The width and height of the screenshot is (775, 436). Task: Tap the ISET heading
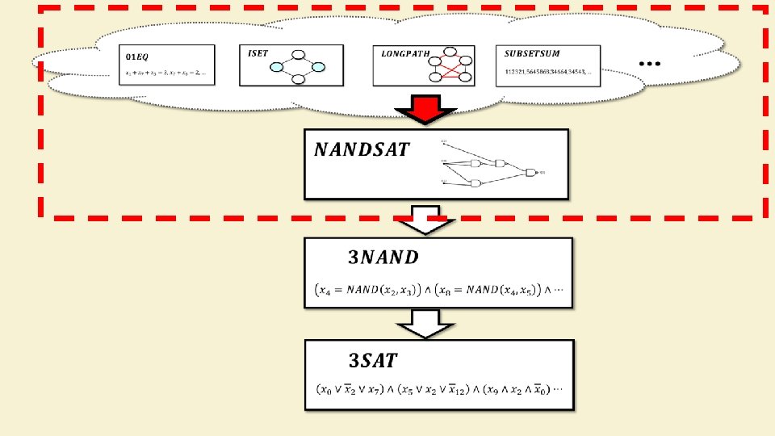(259, 52)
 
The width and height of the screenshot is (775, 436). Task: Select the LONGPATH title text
(401, 53)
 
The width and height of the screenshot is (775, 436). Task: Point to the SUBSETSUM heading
(532, 53)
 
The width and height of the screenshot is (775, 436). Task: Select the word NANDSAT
(362, 149)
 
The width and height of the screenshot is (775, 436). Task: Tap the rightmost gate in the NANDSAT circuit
(530, 172)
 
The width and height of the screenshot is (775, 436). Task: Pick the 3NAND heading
(383, 258)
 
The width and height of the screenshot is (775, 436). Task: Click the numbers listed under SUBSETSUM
(547, 72)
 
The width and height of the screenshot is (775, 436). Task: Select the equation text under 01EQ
(165, 73)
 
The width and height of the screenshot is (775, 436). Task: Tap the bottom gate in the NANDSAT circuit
(475, 183)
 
